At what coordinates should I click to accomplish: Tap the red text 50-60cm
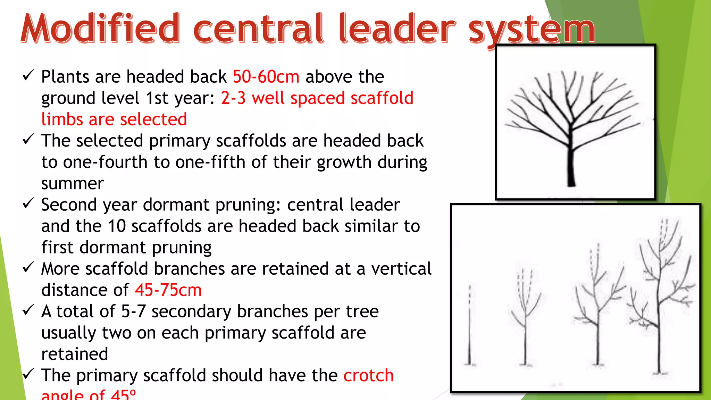[x=266, y=77]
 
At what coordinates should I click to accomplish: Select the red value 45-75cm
[x=168, y=290]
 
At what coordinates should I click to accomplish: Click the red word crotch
[x=368, y=375]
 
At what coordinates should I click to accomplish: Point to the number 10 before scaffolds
[x=117, y=226]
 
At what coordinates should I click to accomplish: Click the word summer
[x=72, y=183]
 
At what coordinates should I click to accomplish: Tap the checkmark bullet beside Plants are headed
[x=28, y=75]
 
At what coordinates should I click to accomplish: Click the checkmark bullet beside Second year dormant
[x=28, y=203]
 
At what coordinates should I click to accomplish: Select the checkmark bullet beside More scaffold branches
[x=28, y=267]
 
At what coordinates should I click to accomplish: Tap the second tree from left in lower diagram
[x=525, y=319]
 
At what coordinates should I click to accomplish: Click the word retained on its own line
[x=75, y=354]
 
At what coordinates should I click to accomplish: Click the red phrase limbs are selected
[x=114, y=119]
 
